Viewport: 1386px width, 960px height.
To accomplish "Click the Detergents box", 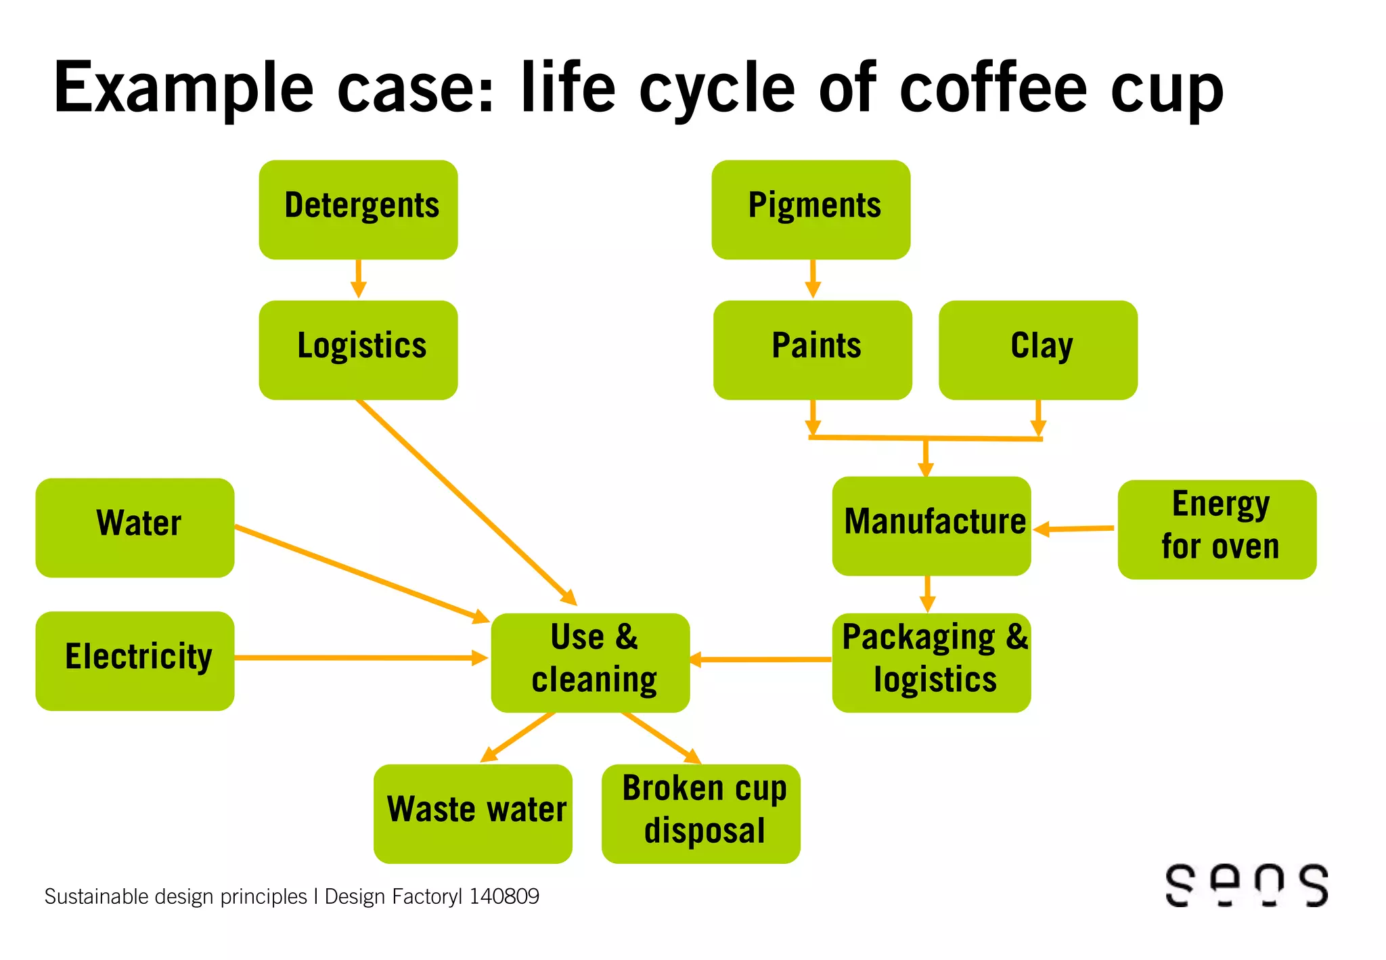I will pos(358,209).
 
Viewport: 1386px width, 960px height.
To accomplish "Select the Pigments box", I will pos(811,209).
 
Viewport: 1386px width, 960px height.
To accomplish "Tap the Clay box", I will pos(1038,349).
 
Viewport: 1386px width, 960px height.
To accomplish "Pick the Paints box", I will pos(812,349).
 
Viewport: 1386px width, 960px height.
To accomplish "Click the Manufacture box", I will pos(931,525).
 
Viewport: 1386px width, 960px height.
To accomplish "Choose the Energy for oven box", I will pos(1217,529).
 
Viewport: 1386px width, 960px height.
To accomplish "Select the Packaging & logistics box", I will pos(931,662).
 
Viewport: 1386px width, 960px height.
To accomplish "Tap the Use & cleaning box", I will pos(590,662).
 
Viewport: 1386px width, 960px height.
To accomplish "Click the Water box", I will pos(135,527).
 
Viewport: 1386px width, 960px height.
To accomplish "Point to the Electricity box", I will pos(135,660).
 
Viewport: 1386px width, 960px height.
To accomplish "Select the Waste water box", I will pos(472,813).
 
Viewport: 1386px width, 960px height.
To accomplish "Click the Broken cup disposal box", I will pos(700,813).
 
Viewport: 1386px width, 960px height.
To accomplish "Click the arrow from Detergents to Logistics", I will pos(359,279).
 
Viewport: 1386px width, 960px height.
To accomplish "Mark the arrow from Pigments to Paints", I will pos(813,279).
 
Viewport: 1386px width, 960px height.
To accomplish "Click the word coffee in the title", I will pos(992,88).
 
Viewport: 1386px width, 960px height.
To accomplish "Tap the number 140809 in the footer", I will pos(504,896).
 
